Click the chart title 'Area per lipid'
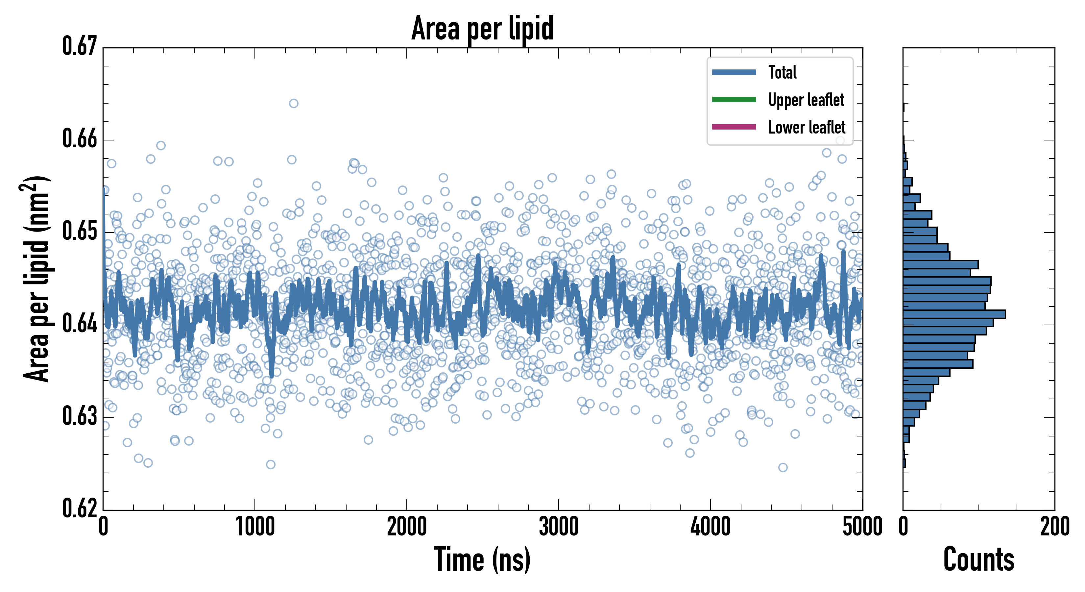pos(482,28)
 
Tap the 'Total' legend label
pos(782,72)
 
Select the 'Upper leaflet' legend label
pos(806,100)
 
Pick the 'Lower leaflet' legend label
pos(807,127)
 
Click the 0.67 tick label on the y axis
pos(80,46)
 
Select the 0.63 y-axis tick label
pos(80,416)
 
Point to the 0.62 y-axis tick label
pos(80,508)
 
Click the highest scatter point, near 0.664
pos(294,103)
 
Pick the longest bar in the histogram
pos(954,314)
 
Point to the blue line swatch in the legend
pos(734,72)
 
